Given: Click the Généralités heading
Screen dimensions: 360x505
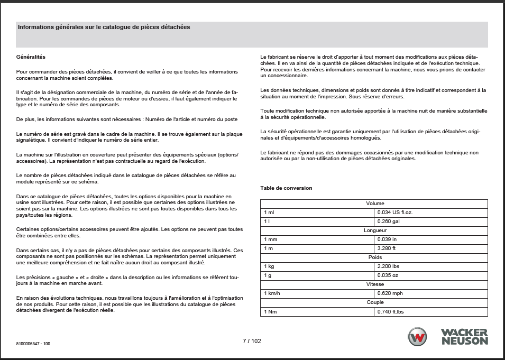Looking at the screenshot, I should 31,57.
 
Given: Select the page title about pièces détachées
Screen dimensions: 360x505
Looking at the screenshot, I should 104,27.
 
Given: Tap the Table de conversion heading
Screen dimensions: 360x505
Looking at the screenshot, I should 286,188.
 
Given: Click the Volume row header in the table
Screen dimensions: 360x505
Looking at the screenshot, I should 374,203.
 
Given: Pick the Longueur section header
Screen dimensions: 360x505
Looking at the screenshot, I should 374,230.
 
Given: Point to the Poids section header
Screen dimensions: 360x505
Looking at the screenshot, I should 374,257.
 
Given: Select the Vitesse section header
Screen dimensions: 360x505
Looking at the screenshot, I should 374,284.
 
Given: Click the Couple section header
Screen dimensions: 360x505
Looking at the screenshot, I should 374,302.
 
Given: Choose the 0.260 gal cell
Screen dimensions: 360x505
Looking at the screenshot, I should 389,221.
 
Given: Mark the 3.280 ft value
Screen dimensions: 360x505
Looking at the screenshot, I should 387,248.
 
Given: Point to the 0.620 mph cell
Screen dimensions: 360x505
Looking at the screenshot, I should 390,293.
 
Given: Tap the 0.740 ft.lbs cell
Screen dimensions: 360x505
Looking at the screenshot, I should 391,311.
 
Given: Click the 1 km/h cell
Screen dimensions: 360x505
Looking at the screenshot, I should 273,293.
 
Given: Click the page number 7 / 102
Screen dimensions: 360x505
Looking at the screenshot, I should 252,341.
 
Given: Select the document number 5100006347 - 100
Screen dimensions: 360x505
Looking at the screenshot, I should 33,344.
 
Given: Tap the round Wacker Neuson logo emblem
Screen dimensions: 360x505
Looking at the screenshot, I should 417,337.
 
